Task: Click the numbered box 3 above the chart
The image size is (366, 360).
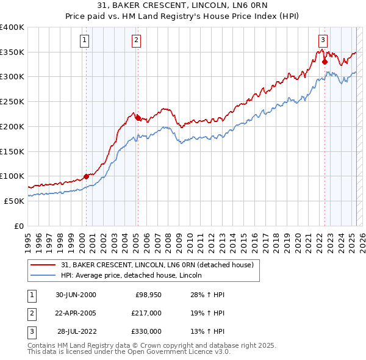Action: coord(322,41)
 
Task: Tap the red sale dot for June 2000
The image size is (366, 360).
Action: coord(86,176)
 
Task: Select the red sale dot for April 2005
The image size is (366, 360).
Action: coord(138,118)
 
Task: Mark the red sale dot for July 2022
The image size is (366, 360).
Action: coord(325,62)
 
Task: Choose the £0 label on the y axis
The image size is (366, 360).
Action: coord(18,226)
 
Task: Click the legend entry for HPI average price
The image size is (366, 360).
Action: coord(135,275)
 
